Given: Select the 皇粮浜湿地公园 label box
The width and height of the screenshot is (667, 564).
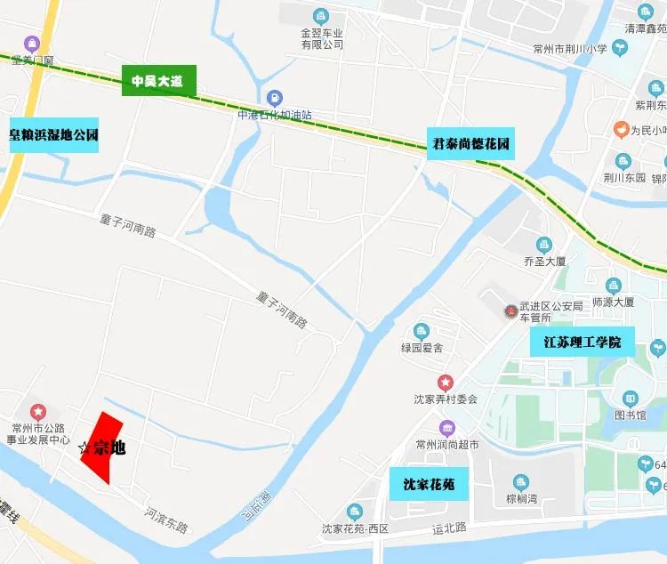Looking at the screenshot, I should [53, 135].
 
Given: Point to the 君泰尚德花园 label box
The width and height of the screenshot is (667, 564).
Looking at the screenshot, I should [471, 143].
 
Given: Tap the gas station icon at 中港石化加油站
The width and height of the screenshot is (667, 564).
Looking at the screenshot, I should [275, 98].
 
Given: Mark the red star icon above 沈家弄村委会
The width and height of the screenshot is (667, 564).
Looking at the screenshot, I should [446, 383].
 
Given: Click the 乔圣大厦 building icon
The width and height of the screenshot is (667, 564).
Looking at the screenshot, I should [544, 245].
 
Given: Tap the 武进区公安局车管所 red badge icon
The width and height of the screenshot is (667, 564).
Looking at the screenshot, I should [510, 311].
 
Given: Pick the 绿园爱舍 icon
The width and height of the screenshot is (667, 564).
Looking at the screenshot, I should [422, 332].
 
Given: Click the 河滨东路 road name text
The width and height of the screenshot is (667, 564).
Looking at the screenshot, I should [166, 520].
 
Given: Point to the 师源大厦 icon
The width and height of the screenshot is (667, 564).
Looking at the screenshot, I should [612, 286].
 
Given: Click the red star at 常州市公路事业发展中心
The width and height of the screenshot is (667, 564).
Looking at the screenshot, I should [38, 412].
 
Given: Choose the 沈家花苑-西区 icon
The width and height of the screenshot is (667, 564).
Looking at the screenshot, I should [355, 512].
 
